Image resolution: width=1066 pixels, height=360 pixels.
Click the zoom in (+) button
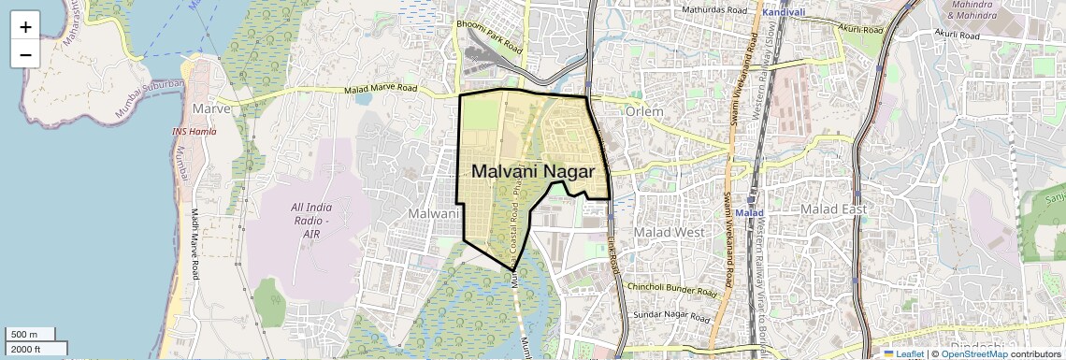25,26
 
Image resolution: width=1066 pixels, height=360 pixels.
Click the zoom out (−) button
25,54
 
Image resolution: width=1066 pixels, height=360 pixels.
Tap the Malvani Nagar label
533,172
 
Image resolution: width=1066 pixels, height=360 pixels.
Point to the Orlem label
643,112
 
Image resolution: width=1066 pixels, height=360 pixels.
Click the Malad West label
669,231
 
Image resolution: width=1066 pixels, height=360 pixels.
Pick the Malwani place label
431,214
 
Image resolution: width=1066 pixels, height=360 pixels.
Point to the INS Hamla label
194,132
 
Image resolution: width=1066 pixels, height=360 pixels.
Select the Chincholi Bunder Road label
671,287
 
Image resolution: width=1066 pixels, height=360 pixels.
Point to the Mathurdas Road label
716,9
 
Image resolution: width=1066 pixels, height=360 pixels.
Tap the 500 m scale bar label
24,335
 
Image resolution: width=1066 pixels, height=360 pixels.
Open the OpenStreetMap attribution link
973,353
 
